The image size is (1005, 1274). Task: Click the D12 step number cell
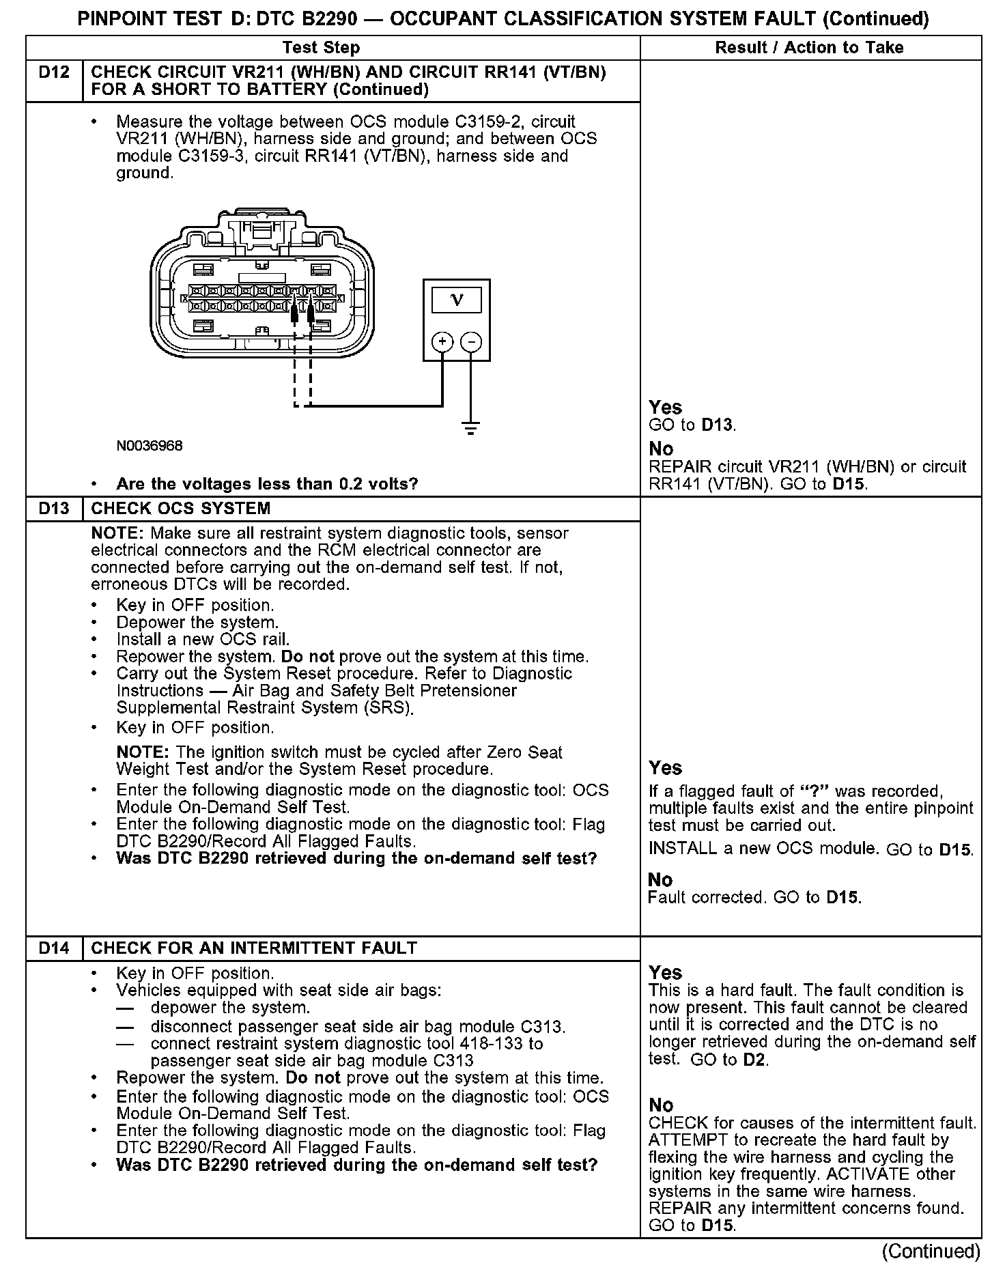(54, 72)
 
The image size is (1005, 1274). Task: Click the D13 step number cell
(54, 509)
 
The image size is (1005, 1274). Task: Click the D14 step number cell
(54, 948)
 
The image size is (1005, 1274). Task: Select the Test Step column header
(321, 47)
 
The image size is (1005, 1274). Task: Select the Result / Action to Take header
(809, 47)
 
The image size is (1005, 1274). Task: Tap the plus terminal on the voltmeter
(442, 341)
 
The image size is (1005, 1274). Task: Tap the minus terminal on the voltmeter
(471, 341)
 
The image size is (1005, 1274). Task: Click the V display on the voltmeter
(457, 300)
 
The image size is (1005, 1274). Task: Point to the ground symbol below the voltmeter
(470, 429)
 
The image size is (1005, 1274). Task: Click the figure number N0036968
(150, 446)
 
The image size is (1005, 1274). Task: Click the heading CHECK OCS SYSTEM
(181, 509)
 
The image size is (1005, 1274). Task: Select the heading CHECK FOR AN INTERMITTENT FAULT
(254, 948)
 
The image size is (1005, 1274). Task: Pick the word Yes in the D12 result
(665, 408)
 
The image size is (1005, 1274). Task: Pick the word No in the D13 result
(660, 880)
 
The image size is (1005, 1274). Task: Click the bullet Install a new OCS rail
(203, 640)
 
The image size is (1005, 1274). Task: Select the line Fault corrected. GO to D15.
(754, 897)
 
